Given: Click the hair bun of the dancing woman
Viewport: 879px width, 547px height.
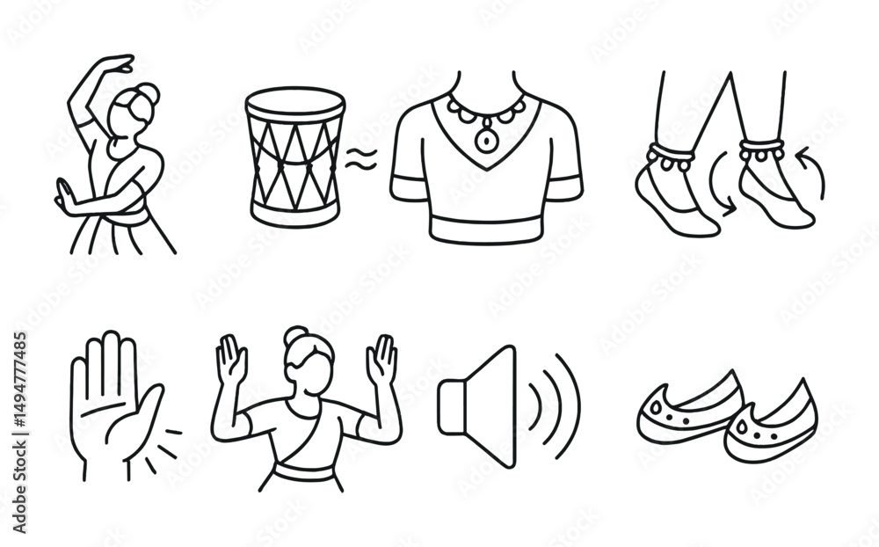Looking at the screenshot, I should [147, 93].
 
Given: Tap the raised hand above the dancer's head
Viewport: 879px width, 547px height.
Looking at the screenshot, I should [119, 63].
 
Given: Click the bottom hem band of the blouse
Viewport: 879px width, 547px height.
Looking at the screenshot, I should [486, 227].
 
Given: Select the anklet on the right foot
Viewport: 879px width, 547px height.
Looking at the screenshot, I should [761, 150].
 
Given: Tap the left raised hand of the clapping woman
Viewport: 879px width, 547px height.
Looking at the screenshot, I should [232, 360].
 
